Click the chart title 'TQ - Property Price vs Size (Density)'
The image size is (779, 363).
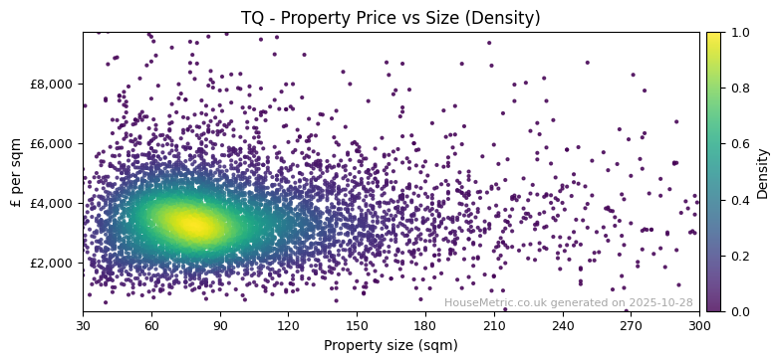(x=390, y=18)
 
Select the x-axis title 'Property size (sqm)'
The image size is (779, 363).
(x=390, y=345)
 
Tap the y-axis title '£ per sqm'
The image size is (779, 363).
(x=16, y=172)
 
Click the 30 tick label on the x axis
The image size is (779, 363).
(x=83, y=325)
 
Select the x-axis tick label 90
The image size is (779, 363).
(x=220, y=325)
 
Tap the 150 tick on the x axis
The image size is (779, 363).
(x=357, y=325)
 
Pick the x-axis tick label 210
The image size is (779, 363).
(x=494, y=325)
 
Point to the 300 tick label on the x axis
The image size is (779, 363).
(x=699, y=325)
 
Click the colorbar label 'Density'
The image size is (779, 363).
(x=763, y=172)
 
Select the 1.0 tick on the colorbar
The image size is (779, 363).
(x=739, y=32)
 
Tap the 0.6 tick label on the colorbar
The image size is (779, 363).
(x=739, y=144)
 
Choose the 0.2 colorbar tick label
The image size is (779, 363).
(x=739, y=256)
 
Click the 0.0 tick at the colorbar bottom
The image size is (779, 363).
(x=739, y=311)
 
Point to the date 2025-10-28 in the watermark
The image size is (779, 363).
(x=659, y=303)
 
